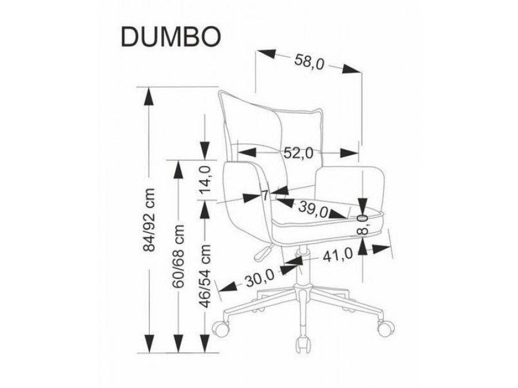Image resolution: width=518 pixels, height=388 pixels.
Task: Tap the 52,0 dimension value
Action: pyautogui.click(x=298, y=153)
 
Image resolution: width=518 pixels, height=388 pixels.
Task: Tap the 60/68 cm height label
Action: pyautogui.click(x=180, y=256)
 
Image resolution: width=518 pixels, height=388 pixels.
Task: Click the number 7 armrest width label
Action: pyautogui.click(x=265, y=195)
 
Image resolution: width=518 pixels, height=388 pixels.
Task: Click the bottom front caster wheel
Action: pyautogui.click(x=302, y=345)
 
